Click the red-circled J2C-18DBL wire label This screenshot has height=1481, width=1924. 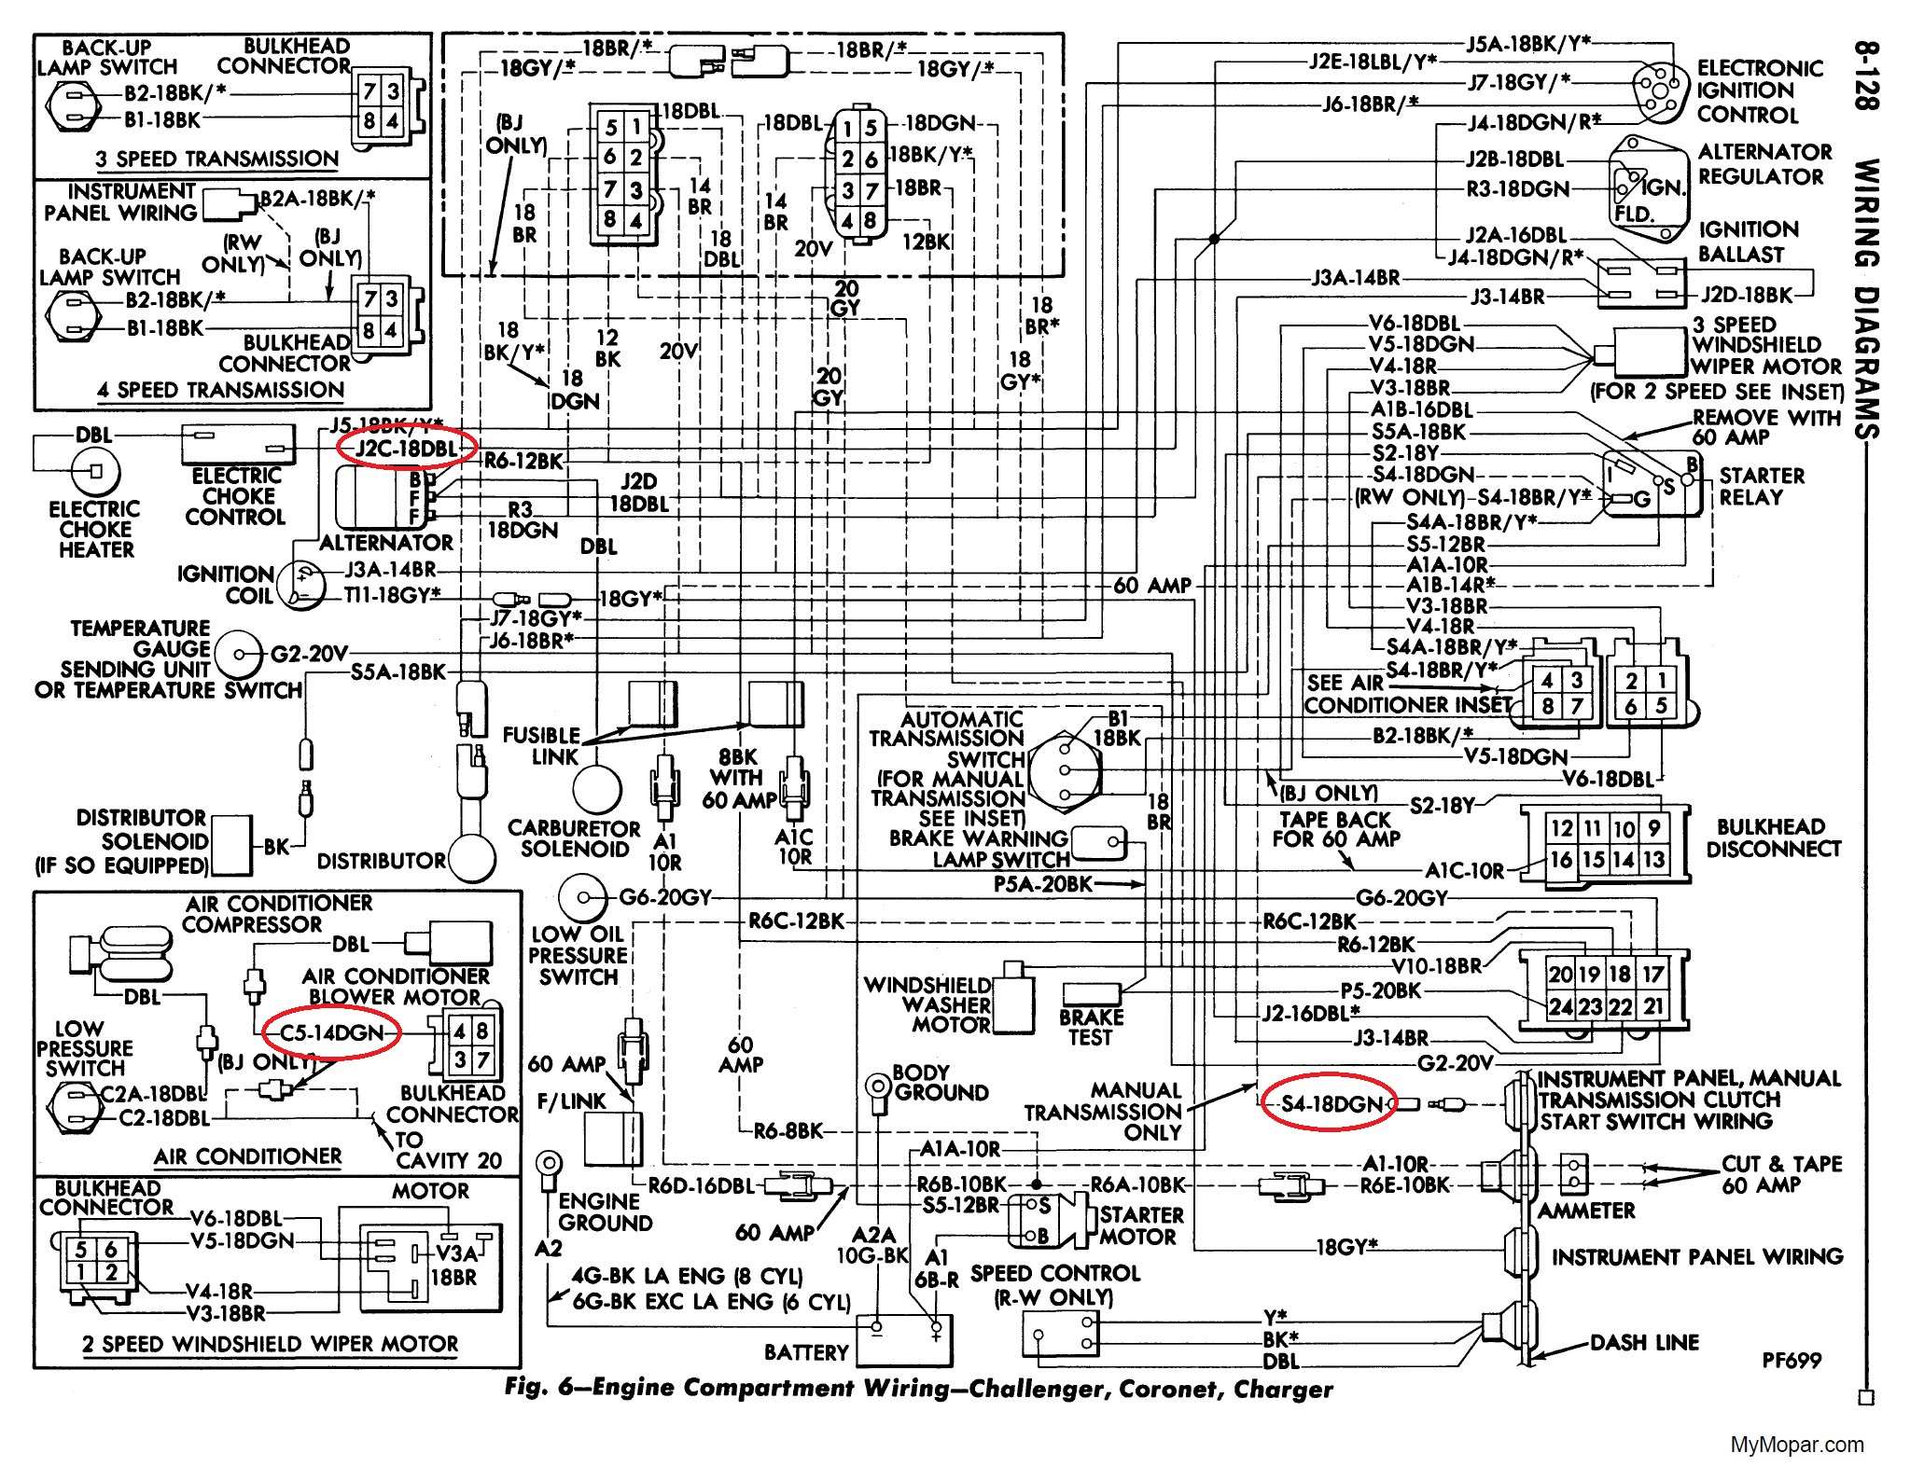coord(406,449)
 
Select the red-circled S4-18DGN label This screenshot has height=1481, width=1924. coord(1329,1104)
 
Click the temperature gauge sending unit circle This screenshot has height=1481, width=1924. coord(238,654)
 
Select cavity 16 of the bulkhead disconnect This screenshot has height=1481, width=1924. coord(1561,860)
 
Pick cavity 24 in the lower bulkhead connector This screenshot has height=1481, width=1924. coord(1560,1006)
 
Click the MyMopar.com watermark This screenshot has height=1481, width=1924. coord(1797,1445)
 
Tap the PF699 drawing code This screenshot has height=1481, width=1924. coord(1792,1361)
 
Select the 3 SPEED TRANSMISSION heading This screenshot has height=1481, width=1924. coord(216,159)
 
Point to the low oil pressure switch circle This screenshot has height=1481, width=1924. coord(582,897)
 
